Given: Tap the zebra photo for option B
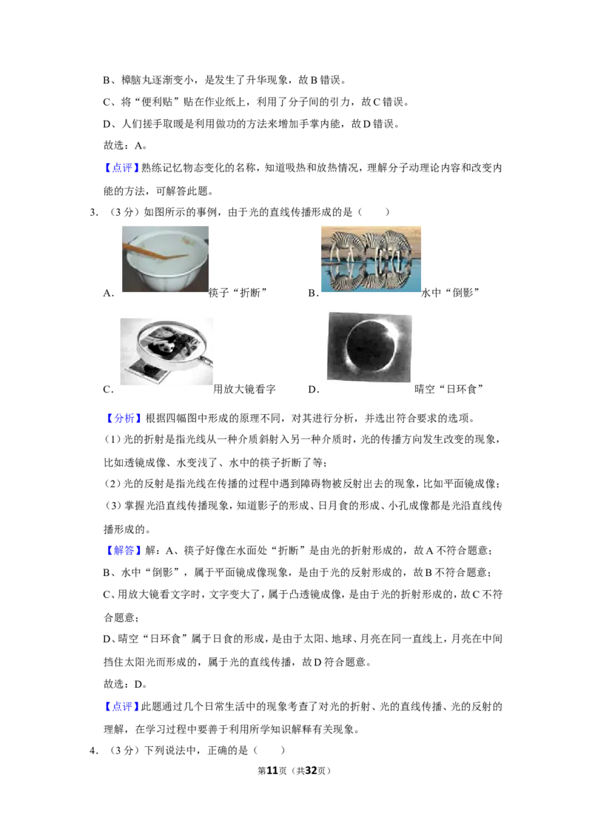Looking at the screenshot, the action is click(371, 259).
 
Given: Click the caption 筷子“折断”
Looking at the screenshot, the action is click(238, 293).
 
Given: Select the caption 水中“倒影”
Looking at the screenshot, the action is click(451, 293).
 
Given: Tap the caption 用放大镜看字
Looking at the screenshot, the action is click(244, 389).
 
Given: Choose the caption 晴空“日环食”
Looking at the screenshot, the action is click(448, 389).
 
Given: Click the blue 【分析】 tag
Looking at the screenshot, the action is click(122, 418).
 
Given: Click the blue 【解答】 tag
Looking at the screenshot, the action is click(122, 550).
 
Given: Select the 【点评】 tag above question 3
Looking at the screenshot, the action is click(122, 168).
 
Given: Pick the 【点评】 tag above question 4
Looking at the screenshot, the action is click(122, 706).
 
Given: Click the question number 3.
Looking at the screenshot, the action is click(94, 212).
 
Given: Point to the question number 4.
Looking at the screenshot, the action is click(94, 750).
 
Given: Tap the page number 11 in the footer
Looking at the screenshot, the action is click(272, 770).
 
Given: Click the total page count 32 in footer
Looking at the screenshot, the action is click(311, 770).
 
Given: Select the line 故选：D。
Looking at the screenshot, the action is click(125, 684).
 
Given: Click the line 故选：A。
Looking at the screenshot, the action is click(125, 145).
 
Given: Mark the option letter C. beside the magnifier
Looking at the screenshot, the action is click(109, 390).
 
